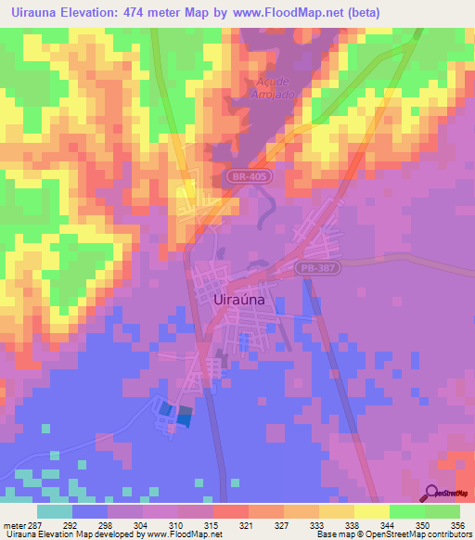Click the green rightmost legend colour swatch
pyautogui.click(x=443, y=511)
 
